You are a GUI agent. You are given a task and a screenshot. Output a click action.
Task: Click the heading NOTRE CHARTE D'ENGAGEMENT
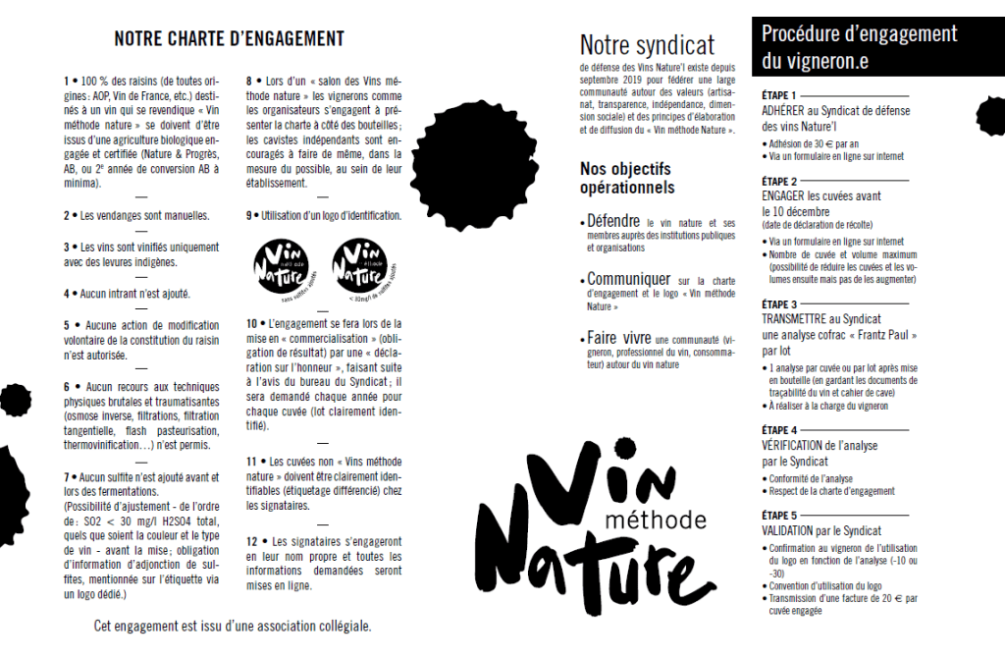point(229,39)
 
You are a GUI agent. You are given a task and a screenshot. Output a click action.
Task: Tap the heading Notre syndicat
point(647,45)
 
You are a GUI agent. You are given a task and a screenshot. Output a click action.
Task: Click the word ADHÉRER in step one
point(784,111)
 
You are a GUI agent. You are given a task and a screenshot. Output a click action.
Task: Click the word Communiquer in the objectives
point(629,279)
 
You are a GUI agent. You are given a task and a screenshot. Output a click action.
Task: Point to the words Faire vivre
point(619,338)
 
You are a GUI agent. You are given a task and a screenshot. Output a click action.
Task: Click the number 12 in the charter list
point(252,541)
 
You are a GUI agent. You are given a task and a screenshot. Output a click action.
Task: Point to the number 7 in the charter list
point(68,478)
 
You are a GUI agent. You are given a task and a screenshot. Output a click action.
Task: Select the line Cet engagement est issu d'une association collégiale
point(233,626)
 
